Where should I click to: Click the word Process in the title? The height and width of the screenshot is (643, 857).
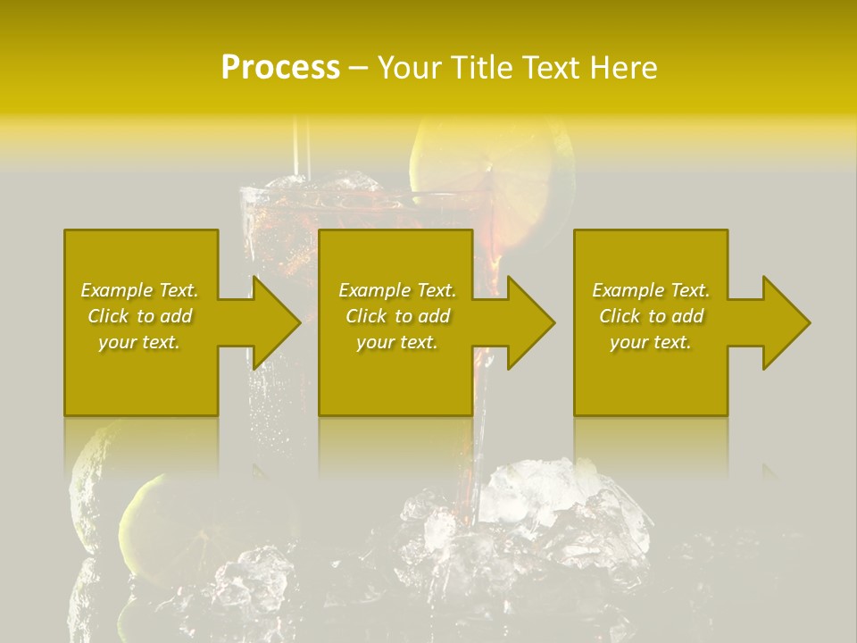point(280,68)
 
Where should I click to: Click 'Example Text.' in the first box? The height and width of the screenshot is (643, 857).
point(139,290)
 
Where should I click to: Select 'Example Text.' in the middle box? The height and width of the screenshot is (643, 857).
point(397,290)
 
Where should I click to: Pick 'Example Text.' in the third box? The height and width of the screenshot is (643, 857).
point(651,290)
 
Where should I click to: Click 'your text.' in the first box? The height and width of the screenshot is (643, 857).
point(139,342)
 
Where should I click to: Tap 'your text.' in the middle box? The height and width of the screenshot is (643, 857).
point(397,342)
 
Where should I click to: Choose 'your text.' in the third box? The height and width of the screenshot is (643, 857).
point(651,342)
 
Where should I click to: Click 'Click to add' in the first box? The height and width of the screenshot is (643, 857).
point(139,316)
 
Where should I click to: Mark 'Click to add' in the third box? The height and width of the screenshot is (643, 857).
point(651,316)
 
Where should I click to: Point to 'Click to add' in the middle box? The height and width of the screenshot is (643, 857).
point(397,316)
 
